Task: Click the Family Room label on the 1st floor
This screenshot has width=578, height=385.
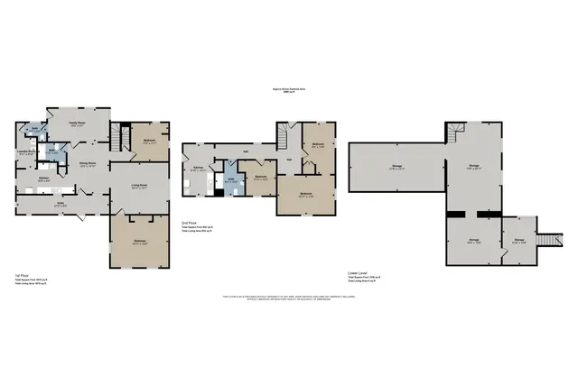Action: pos(77,123)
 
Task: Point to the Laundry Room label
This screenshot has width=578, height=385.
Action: pos(26,152)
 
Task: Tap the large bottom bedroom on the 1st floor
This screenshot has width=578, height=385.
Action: pos(140,241)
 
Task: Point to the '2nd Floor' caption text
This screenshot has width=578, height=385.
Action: pos(191,222)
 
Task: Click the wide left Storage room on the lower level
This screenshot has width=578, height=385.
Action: pos(397,167)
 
